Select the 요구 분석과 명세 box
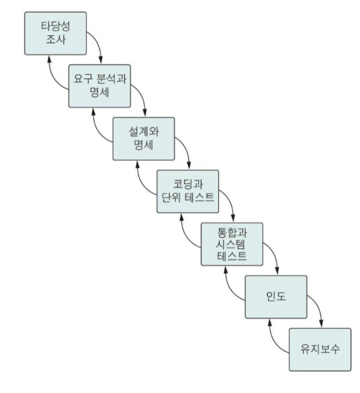click(x=100, y=86)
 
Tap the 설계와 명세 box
click(x=144, y=139)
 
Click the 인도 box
click(x=276, y=296)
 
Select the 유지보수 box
click(x=320, y=349)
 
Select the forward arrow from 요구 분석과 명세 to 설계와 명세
click(x=141, y=98)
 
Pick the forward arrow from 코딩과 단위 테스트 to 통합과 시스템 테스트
click(x=229, y=203)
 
